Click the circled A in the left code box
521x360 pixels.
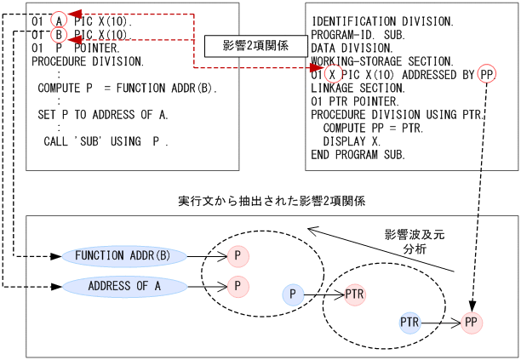(59, 20)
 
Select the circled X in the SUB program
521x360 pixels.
(335, 74)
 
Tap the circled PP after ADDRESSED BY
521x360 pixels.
(487, 74)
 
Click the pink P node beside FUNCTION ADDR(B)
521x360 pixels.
(238, 254)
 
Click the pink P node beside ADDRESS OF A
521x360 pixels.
(238, 286)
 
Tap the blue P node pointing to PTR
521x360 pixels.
(293, 294)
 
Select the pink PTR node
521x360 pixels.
(356, 294)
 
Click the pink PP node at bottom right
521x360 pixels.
(472, 323)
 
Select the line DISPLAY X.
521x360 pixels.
(351, 141)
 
